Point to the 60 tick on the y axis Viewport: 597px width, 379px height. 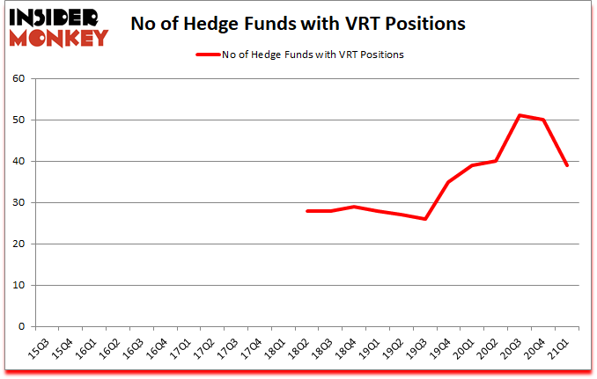(x=20, y=78)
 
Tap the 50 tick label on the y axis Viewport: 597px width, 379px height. (x=20, y=120)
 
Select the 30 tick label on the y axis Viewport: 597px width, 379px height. (x=20, y=202)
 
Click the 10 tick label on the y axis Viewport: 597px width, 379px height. (x=20, y=285)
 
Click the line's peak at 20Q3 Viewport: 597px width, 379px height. (x=520, y=115)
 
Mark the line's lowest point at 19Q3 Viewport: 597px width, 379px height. (x=425, y=219)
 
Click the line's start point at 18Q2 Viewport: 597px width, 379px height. (x=306, y=211)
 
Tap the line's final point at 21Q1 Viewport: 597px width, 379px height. (x=568, y=165)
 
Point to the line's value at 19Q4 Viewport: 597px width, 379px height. (x=449, y=182)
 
